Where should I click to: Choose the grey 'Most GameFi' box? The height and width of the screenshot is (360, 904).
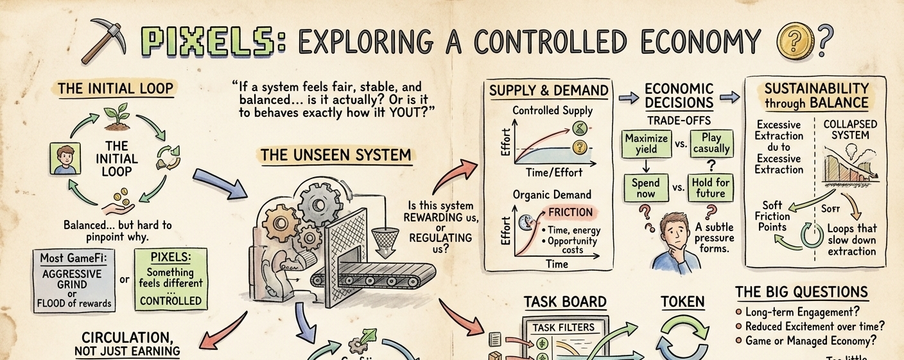point(73,280)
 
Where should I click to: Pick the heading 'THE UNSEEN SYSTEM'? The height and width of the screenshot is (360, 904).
point(336,155)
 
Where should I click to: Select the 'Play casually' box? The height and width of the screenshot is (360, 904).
point(711,144)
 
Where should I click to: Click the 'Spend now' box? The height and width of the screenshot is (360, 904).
point(646,188)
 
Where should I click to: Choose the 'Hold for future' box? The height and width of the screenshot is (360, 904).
point(711,188)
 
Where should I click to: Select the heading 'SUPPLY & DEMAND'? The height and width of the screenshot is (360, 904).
point(548,91)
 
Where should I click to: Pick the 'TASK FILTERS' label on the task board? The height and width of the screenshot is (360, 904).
point(564,327)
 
